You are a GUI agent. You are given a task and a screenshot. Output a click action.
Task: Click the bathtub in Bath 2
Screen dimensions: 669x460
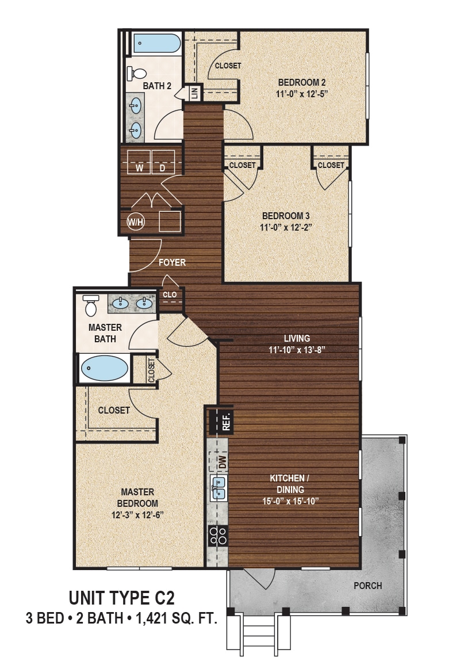coord(156,43)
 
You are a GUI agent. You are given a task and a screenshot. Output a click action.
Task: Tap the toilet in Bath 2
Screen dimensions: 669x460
coord(137,74)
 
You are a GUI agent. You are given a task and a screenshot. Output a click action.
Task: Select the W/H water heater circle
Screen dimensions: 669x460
coord(136,221)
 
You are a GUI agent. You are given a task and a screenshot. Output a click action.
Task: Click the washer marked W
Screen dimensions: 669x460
coord(139,162)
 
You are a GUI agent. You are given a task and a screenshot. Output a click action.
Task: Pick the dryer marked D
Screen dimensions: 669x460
coord(163,162)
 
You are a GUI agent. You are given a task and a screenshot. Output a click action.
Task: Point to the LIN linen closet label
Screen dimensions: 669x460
coord(194,93)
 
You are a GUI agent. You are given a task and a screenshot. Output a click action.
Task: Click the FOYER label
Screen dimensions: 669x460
coord(172,262)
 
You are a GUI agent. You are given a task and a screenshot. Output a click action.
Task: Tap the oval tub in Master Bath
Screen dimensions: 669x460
coord(105,369)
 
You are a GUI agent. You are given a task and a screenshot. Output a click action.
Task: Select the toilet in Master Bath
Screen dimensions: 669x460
coord(91,305)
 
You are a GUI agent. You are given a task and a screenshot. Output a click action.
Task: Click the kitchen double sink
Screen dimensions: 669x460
coord(218,488)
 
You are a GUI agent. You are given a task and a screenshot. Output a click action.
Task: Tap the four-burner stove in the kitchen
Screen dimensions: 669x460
coord(218,536)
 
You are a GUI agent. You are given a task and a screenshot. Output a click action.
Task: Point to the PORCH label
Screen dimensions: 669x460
coord(367,586)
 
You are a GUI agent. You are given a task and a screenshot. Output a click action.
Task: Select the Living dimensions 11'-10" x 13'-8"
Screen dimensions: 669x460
coord(297,349)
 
